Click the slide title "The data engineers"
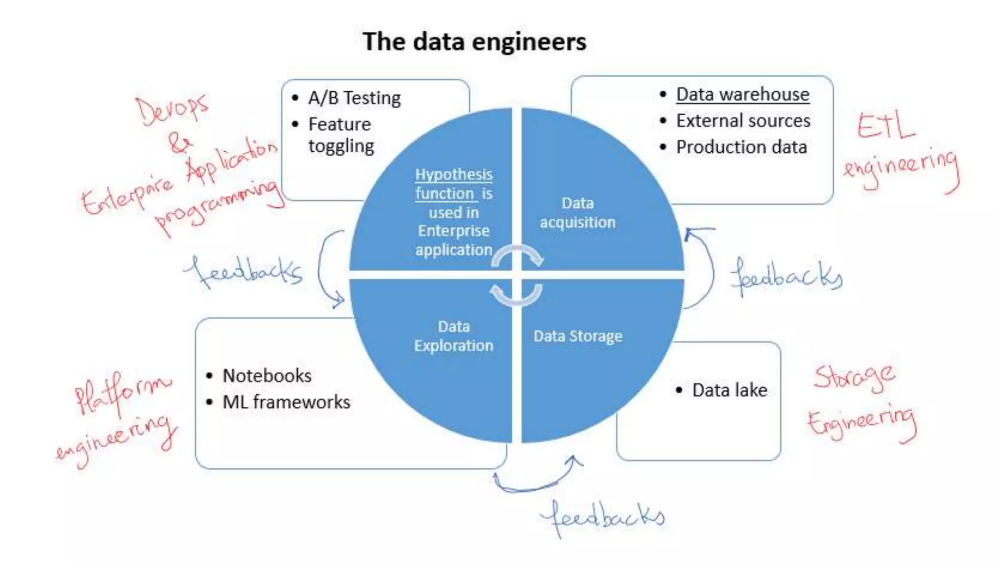click(474, 41)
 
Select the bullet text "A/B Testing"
click(354, 98)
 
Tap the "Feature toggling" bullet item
click(341, 135)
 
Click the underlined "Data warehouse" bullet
click(742, 94)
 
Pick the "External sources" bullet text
click(743, 120)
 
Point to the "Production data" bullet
click(741, 147)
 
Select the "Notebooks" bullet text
click(267, 376)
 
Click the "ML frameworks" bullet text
click(286, 402)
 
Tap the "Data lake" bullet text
click(729, 390)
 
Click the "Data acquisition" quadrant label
click(577, 213)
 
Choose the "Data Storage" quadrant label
click(577, 336)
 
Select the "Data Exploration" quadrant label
click(454, 336)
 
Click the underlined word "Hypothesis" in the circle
click(454, 174)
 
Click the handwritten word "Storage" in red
click(854, 377)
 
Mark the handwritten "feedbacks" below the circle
click(603, 517)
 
